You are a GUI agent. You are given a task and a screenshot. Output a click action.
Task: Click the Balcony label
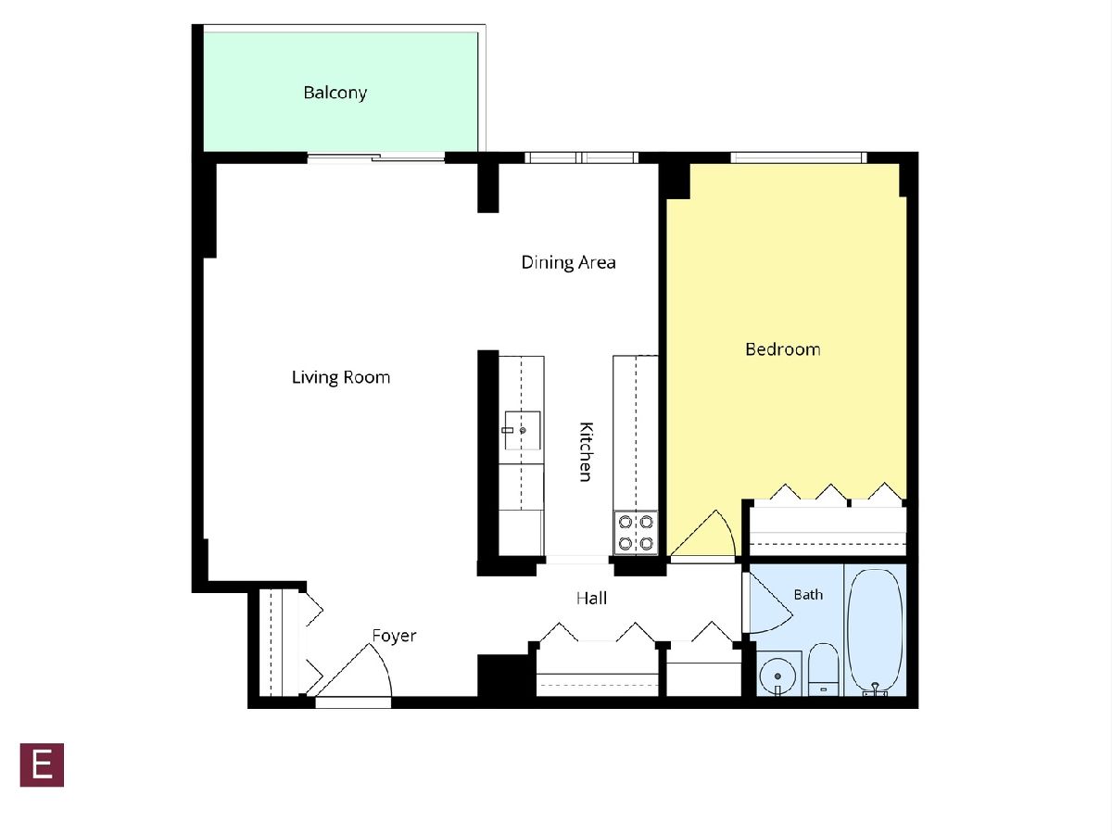[335, 94]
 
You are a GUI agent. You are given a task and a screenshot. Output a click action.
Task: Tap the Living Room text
[340, 378]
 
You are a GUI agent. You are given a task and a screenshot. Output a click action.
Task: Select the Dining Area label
[568, 263]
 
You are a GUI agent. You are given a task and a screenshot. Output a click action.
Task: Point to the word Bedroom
[783, 349]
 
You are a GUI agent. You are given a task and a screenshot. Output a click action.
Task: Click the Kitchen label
[586, 451]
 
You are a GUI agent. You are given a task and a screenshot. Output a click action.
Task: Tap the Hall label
[591, 599]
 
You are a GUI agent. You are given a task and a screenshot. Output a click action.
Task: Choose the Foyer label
[394, 636]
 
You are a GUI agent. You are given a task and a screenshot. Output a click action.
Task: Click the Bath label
[808, 595]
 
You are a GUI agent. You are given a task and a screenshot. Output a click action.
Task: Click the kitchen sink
[523, 430]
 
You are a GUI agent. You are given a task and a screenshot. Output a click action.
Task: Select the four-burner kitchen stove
[636, 533]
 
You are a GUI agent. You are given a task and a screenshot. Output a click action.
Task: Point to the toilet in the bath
[823, 669]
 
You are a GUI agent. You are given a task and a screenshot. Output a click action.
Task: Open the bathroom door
[767, 603]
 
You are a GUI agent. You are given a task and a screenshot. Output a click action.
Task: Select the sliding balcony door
[376, 158]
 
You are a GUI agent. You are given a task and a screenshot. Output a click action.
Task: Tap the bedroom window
[799, 158]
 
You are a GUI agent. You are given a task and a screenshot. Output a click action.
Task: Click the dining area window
[581, 158]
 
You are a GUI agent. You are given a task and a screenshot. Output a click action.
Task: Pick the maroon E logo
[42, 765]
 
